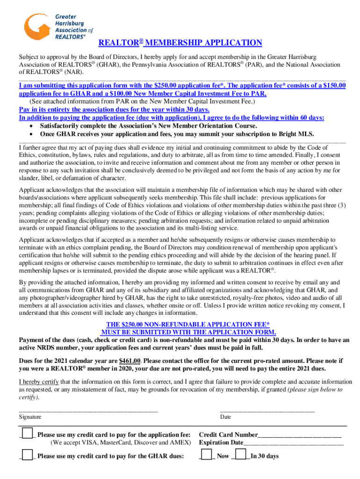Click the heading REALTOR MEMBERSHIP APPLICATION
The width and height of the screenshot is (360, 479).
click(x=180, y=43)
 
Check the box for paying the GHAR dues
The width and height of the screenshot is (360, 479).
click(x=28, y=455)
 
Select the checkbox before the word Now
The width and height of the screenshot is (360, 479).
click(x=206, y=455)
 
